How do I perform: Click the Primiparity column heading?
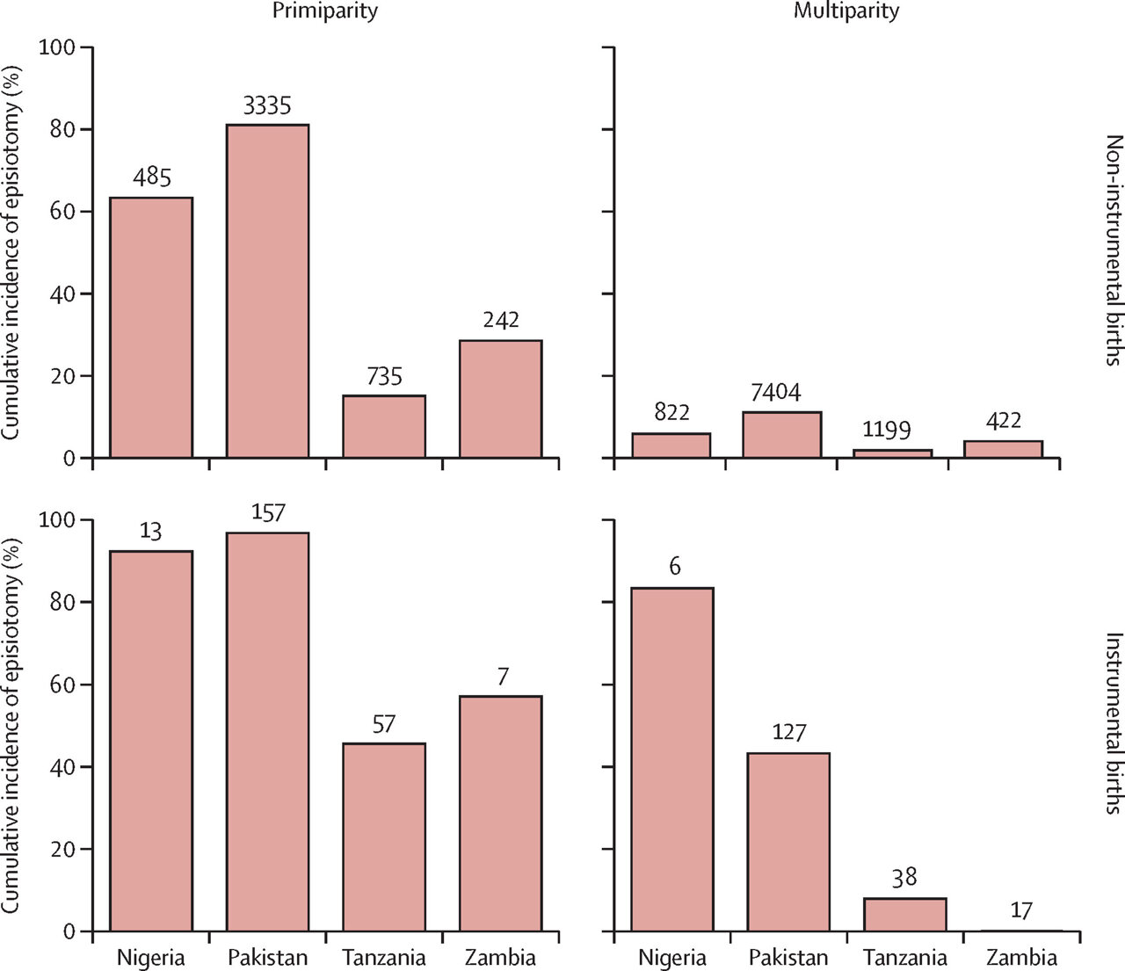pyautogui.click(x=324, y=11)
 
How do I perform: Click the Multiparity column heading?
pyautogui.click(x=846, y=11)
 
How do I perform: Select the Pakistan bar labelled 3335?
pyautogui.click(x=267, y=291)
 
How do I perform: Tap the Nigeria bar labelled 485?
pyautogui.click(x=151, y=328)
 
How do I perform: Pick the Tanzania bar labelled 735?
pyautogui.click(x=384, y=426)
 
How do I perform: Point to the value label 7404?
pyautogui.click(x=775, y=392)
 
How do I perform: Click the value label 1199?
pyautogui.click(x=886, y=431)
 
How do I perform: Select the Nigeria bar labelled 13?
pyautogui.click(x=151, y=741)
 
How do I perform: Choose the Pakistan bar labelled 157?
pyautogui.click(x=267, y=732)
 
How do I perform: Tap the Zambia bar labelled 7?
pyautogui.click(x=500, y=814)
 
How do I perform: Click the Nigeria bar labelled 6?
pyautogui.click(x=672, y=759)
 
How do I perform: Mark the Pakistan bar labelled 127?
pyautogui.click(x=788, y=842)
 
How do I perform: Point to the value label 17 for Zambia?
pyautogui.click(x=1020, y=910)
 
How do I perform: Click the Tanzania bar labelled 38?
pyautogui.click(x=904, y=915)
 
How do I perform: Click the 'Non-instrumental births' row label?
pyautogui.click(x=1114, y=250)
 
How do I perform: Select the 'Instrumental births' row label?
pyautogui.click(x=1114, y=722)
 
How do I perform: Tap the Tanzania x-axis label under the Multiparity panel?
pyautogui.click(x=904, y=957)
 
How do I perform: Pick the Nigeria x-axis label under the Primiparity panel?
pyautogui.click(x=151, y=957)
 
